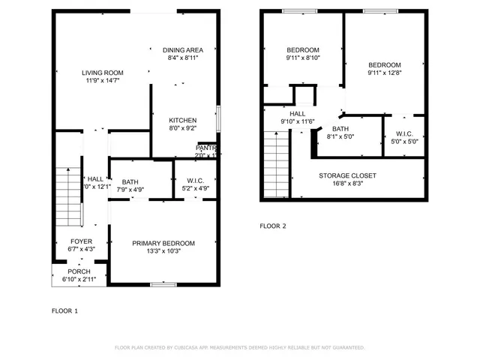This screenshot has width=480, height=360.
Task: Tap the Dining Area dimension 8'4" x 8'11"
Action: point(183,58)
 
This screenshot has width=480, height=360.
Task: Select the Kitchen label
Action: point(182,121)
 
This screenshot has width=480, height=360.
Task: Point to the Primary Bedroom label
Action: point(163,243)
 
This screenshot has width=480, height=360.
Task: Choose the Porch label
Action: point(79,271)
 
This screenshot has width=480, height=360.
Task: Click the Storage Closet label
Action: point(346,175)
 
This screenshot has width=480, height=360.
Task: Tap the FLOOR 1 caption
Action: point(64,310)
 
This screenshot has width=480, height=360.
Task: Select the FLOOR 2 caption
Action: point(273,226)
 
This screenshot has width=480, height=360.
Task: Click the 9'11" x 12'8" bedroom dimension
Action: point(384,73)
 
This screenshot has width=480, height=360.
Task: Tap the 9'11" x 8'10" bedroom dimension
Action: point(303,58)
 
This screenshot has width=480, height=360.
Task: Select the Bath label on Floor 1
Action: point(130,181)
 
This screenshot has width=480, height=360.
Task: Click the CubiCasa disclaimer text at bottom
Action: point(239,347)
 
